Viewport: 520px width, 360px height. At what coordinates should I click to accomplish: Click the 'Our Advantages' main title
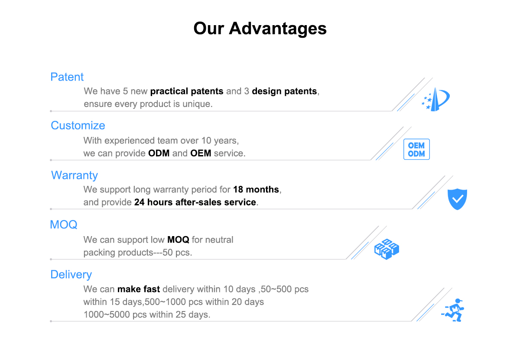pos(260,28)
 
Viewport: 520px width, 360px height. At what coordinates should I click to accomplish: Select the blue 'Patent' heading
pos(67,77)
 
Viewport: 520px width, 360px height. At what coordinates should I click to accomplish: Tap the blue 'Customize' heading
pos(78,126)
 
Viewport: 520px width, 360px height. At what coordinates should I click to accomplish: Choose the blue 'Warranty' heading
pos(74,175)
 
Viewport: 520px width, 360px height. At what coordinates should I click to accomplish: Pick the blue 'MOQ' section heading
pos(64,225)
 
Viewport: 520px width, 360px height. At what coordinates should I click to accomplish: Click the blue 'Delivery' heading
pos(71,275)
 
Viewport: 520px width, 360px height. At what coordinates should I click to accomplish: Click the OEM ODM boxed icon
pos(416,149)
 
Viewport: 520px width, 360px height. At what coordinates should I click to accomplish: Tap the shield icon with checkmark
pos(457,199)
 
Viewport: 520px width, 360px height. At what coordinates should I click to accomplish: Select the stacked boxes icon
pos(387,249)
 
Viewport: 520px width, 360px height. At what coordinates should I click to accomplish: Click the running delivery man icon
pos(453,310)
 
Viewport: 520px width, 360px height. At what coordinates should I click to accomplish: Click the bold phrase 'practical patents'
pos(187,91)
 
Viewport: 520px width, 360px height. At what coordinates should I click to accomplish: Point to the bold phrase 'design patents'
pos(284,91)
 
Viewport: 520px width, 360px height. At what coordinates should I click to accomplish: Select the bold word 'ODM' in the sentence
pos(159,153)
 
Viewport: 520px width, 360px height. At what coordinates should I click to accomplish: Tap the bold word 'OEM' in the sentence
pos(201,153)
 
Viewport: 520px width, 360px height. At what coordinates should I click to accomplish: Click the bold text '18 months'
pos(256,189)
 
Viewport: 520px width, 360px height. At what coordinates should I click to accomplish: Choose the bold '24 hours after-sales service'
pos(195,202)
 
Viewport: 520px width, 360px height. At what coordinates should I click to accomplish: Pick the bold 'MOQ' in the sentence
pos(178,240)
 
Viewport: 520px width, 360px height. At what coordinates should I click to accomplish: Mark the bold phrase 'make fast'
pos(139,289)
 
